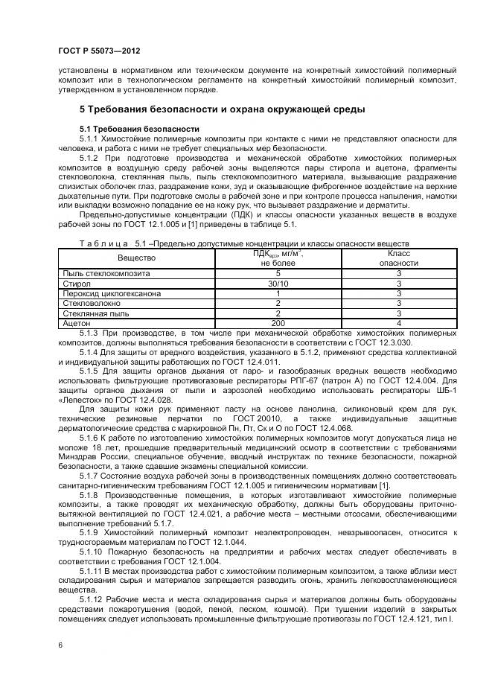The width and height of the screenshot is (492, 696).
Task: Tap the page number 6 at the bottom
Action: (x=60, y=644)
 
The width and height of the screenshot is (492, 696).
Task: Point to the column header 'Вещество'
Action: (x=136, y=258)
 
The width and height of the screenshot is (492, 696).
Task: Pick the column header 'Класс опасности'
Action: (x=399, y=258)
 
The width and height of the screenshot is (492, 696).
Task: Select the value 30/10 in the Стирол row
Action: (x=278, y=284)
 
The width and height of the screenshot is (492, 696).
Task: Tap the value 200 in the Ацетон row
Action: (x=278, y=323)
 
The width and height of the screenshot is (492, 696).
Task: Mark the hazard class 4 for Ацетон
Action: (x=399, y=323)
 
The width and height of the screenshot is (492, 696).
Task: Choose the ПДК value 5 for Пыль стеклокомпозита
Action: (x=278, y=274)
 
